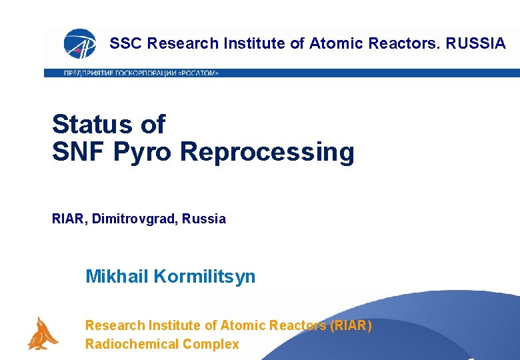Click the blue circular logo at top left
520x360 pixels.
pos(79,44)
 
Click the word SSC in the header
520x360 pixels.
pos(126,44)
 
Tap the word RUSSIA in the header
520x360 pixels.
pos(476,44)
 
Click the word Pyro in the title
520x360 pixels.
pos(143,152)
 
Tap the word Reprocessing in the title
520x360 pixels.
pos(267,152)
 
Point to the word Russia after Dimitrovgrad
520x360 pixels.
pos(203,219)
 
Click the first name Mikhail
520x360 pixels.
pos(117,276)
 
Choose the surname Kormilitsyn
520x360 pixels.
pos(205,276)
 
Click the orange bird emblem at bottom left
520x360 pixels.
pos(42,333)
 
